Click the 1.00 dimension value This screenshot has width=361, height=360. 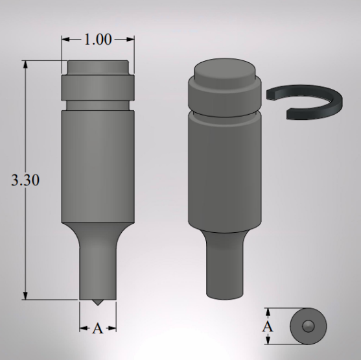(x=98, y=40)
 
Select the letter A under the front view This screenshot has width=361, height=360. (x=97, y=329)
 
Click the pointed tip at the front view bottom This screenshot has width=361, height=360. (x=98, y=303)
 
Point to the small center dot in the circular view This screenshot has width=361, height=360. (x=309, y=324)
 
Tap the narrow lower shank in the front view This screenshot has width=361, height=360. (x=98, y=266)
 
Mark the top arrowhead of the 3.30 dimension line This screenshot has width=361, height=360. (x=25, y=64)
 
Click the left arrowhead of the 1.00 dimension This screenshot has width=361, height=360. (x=65, y=40)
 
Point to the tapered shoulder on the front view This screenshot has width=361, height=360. (x=98, y=228)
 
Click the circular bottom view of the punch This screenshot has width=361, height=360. (x=309, y=324)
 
